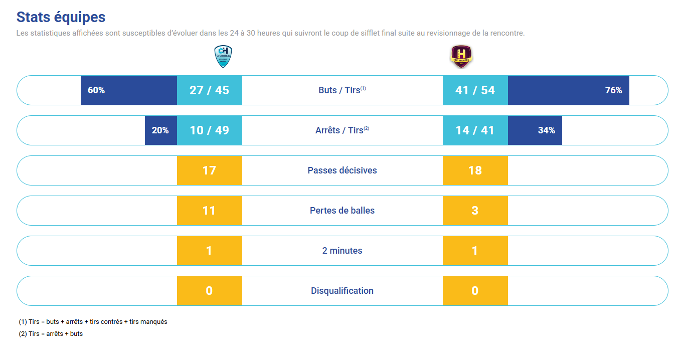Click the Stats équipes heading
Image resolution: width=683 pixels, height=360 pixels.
point(61,17)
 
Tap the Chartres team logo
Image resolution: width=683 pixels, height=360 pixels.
point(223,56)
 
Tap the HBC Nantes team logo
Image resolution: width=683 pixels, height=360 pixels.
point(461,56)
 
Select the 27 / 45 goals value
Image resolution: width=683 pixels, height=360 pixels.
point(209,90)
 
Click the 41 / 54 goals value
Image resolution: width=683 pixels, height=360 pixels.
point(475,90)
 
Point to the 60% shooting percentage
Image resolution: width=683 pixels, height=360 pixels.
point(96,90)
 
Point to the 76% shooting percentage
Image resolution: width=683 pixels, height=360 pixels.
point(613,90)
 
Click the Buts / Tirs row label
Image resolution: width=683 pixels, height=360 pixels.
point(342,90)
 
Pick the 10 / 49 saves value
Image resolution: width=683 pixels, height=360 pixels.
point(209,130)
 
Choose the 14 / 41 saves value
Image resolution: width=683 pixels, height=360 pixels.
point(475,130)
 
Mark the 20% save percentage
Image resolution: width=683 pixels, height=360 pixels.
point(160,130)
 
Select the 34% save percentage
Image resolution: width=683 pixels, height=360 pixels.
point(546,130)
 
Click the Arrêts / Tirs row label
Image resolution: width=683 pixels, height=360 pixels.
point(342,130)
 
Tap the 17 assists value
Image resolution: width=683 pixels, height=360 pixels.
point(209,170)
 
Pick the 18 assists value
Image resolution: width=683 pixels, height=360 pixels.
point(475,170)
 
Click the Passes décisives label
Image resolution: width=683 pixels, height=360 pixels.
point(342,170)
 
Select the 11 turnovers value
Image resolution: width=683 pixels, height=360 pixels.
point(209,211)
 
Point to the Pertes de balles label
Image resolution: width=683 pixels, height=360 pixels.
point(342,211)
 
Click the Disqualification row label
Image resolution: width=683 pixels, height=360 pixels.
point(342,291)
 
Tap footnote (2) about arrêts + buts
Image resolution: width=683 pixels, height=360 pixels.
point(51,333)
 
